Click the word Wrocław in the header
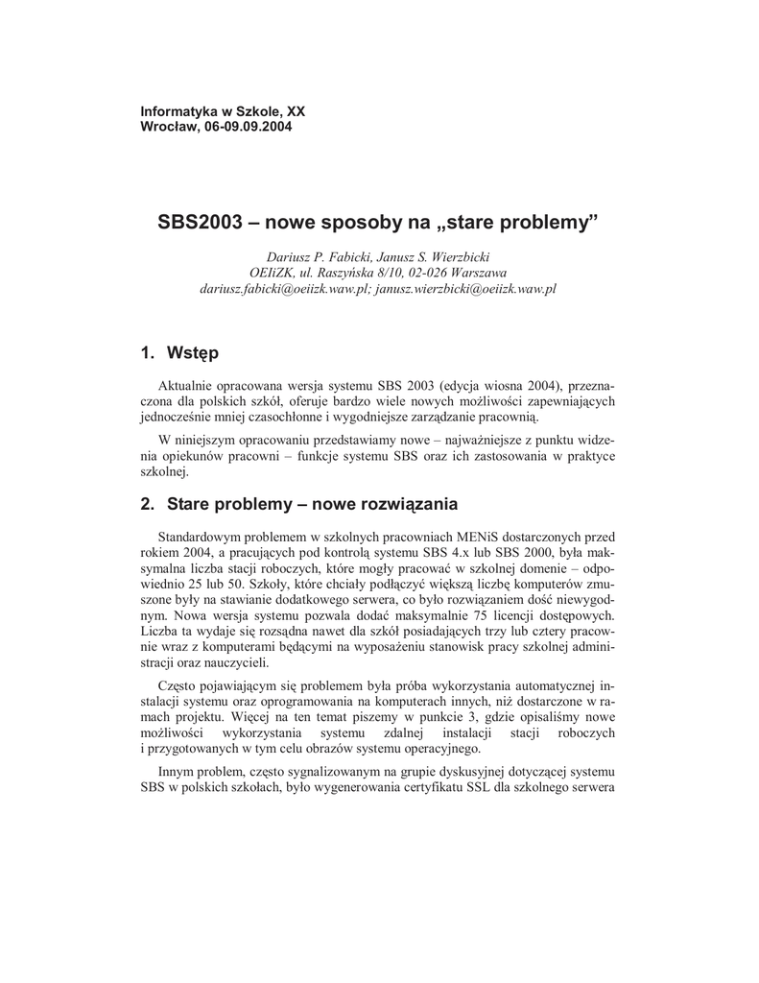pyautogui.click(x=169, y=127)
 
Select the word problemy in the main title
pyautogui.click(x=550, y=223)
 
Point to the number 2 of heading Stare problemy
pyautogui.click(x=147, y=504)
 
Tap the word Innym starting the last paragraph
pyautogui.click(x=177, y=772)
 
